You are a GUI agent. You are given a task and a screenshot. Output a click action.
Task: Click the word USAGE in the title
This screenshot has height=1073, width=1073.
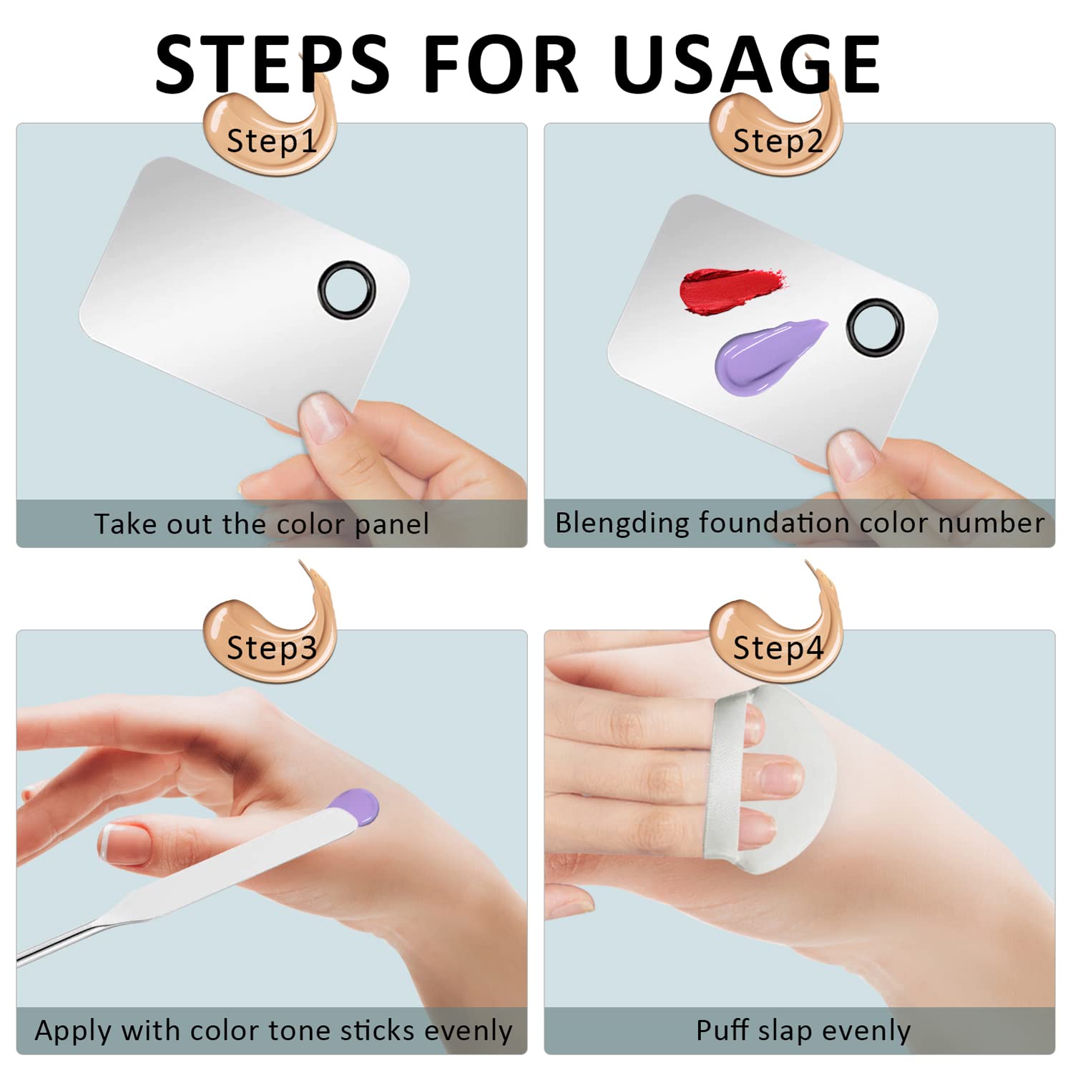click(x=746, y=64)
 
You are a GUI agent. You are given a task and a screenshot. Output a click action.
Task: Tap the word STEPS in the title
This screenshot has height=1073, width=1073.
click(x=273, y=64)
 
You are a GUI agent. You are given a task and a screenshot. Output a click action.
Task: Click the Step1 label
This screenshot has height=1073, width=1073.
click(x=272, y=141)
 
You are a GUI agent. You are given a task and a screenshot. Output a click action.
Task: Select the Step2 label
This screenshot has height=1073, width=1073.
click(x=778, y=141)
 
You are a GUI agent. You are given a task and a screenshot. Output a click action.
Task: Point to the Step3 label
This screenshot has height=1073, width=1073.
click(x=272, y=647)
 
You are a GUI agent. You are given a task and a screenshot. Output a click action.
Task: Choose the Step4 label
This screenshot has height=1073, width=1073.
click(x=778, y=647)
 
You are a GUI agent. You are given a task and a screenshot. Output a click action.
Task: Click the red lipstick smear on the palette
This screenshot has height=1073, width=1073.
click(x=730, y=288)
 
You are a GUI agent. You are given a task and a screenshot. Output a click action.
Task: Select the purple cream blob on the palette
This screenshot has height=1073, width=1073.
click(x=765, y=356)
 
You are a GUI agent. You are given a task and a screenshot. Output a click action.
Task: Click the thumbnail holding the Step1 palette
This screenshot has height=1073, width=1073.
click(x=325, y=419)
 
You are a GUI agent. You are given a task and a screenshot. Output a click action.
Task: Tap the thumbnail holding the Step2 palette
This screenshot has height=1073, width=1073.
click(x=853, y=455)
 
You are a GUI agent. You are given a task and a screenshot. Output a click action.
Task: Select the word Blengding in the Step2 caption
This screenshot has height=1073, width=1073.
click(x=622, y=523)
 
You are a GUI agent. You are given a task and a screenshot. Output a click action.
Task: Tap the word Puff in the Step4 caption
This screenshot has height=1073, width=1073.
click(x=723, y=1030)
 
